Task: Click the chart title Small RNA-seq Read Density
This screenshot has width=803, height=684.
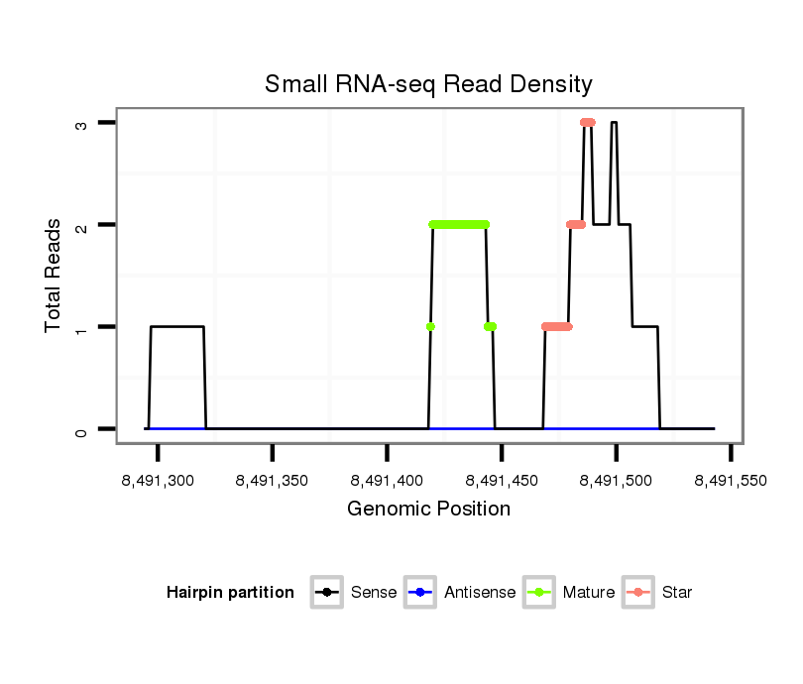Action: (428, 84)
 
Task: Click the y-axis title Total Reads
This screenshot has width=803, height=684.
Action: (56, 276)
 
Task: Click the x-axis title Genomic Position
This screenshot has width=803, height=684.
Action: (428, 510)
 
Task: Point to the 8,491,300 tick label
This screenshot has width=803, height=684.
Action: (159, 481)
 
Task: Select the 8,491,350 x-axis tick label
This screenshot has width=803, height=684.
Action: (273, 481)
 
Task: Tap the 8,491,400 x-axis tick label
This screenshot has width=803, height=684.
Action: (388, 481)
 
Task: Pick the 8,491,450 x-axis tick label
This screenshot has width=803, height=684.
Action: (502, 481)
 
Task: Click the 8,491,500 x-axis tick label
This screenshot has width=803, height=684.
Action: (617, 481)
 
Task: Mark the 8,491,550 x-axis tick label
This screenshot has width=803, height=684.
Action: (731, 481)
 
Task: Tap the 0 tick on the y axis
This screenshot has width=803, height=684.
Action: (80, 429)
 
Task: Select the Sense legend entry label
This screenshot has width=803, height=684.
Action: (374, 593)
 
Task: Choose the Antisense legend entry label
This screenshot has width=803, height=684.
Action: (480, 593)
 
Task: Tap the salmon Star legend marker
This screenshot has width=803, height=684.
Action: (640, 593)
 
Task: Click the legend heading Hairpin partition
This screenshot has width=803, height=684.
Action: (230, 593)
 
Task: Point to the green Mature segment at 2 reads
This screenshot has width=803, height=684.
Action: (459, 224)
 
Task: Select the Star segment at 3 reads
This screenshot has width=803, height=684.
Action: (588, 122)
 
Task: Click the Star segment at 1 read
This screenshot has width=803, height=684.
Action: (557, 326)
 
